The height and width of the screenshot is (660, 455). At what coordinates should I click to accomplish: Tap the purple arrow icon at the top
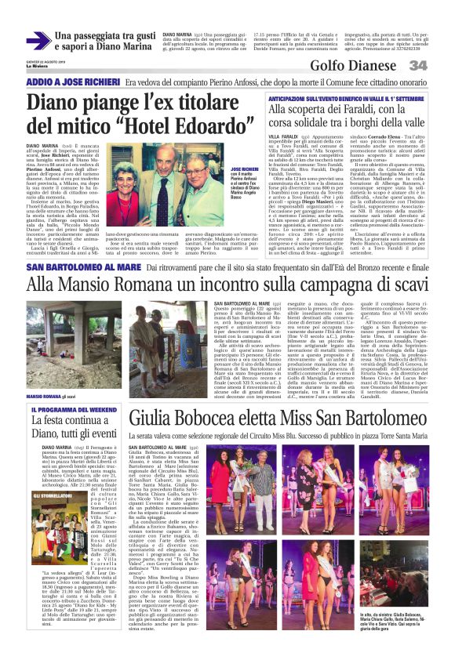click(x=38, y=41)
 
